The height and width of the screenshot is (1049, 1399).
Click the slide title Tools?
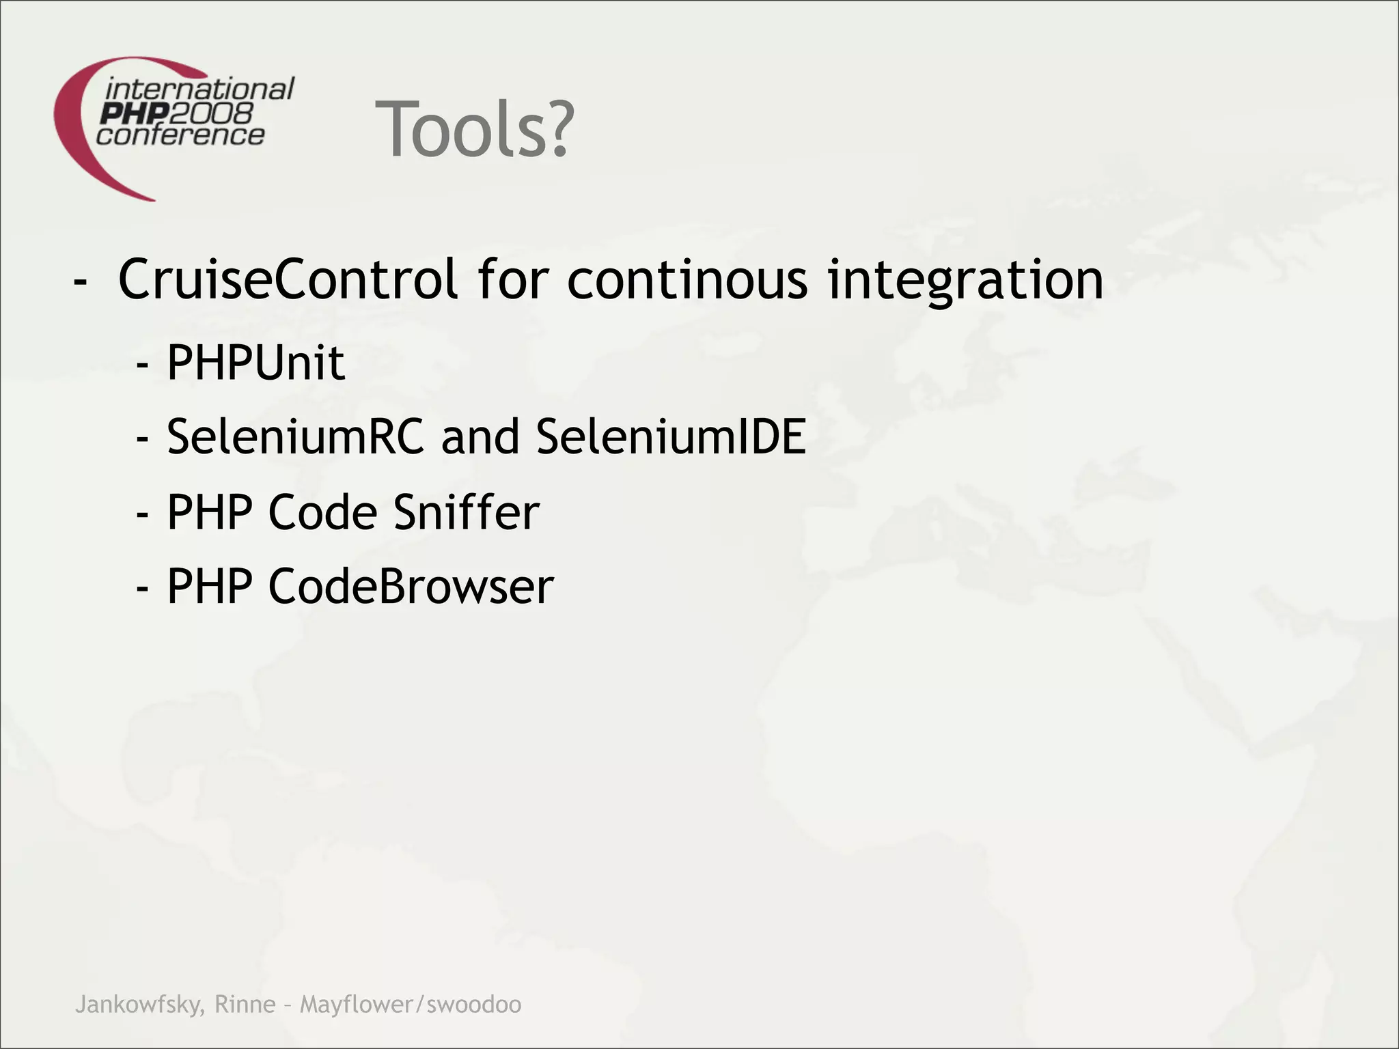[475, 129]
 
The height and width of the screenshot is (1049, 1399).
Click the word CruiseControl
[288, 279]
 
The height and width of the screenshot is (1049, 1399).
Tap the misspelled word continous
[687, 279]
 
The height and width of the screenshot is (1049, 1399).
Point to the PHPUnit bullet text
[255, 363]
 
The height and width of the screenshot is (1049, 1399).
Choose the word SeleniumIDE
[671, 436]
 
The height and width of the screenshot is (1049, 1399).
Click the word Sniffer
[467, 512]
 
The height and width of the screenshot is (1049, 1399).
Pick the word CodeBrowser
[411, 586]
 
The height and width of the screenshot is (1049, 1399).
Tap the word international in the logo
[199, 89]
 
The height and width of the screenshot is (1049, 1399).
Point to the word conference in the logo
[180, 135]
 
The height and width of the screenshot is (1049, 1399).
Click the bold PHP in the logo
[130, 113]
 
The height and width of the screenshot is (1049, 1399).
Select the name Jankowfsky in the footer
[139, 1005]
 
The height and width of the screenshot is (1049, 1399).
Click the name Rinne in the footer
[245, 1004]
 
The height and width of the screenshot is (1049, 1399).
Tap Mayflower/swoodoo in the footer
[411, 1005]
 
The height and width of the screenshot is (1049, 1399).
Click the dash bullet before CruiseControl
[80, 281]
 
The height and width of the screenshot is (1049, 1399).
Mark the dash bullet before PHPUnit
[142, 365]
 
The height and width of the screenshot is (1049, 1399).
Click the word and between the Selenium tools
[480, 436]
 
